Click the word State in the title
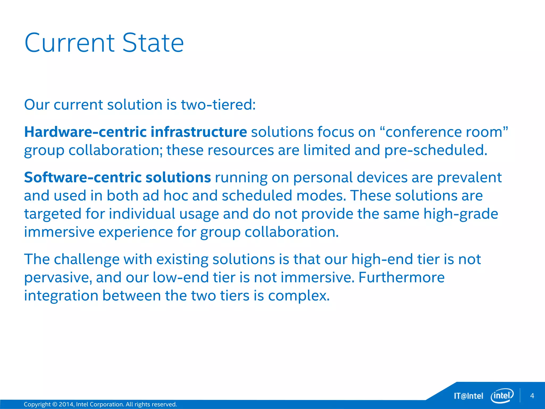(153, 43)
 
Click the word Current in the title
(70, 43)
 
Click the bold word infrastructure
(199, 132)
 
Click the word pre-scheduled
(436, 150)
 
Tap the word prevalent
(469, 178)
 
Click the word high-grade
(461, 214)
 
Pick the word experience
(136, 232)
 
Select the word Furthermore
(402, 278)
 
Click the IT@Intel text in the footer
(468, 396)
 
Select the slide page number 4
(532, 396)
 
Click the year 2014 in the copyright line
(66, 404)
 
